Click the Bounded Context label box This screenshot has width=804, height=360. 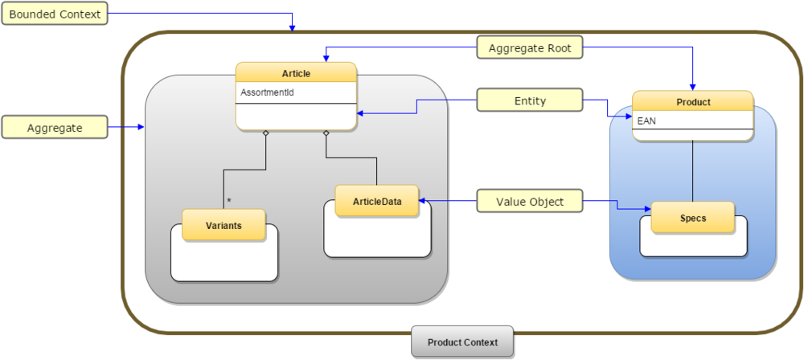coord(54,15)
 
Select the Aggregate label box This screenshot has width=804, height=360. coord(55,128)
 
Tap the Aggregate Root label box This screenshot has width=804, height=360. coord(529,48)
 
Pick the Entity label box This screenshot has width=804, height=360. coord(529,100)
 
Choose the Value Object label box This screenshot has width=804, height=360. coord(529,202)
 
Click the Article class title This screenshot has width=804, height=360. coord(296,73)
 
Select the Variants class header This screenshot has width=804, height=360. coord(224,226)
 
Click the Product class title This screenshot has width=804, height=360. coord(692,102)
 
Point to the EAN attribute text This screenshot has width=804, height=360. coord(646,121)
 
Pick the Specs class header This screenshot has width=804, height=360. coord(692,218)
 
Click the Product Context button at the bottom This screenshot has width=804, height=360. coord(461,342)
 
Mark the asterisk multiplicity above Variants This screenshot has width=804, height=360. coord(229,200)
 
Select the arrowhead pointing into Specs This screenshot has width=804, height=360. coord(646,211)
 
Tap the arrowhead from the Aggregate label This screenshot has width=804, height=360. coord(141,127)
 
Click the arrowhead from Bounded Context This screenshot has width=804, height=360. coord(293,28)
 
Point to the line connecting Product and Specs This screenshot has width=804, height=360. coord(692,171)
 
